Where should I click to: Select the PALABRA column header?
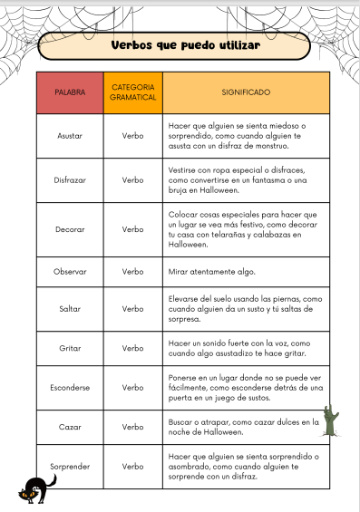(x=70, y=92)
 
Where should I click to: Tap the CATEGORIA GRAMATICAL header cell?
(x=132, y=92)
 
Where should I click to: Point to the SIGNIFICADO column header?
(x=246, y=92)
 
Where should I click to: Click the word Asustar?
(x=70, y=135)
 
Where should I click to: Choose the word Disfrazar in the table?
(x=70, y=180)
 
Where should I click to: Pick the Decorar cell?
(x=70, y=229)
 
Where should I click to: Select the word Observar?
(x=70, y=271)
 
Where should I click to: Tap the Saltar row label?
(x=70, y=309)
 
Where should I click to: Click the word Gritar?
(x=70, y=348)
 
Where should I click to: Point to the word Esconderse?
(x=70, y=388)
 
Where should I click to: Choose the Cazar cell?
(x=70, y=426)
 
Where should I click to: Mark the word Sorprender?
(x=70, y=466)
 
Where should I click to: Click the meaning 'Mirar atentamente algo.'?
(x=212, y=271)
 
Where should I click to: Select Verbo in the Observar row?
(x=132, y=271)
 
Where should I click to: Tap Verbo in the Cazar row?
(x=132, y=426)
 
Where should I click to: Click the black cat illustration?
(x=38, y=490)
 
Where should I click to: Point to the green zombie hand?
(x=331, y=421)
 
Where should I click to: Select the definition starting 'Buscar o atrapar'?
(x=244, y=426)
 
